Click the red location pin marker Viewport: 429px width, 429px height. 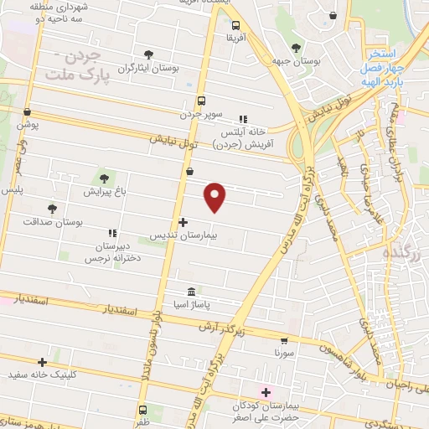click(216, 197)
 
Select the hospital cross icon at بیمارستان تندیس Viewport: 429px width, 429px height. click(183, 222)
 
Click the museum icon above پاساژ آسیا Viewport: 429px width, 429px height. click(192, 292)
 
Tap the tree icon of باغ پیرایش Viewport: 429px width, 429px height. click(104, 178)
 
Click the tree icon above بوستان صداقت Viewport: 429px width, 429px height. click(52, 208)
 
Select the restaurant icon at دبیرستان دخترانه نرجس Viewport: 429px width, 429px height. click(111, 233)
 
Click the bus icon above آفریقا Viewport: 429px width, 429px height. click(236, 25)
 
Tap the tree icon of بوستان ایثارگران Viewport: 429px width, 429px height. click(149, 54)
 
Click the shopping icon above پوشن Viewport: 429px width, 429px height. click(28, 112)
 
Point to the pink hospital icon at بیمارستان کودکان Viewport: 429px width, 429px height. click(266, 392)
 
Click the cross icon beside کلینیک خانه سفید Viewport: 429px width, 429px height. click(42, 362)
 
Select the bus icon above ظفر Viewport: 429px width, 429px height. click(142, 411)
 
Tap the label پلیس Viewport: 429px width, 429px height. click(12, 190)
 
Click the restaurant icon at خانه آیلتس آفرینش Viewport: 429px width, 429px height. click(243, 119)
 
